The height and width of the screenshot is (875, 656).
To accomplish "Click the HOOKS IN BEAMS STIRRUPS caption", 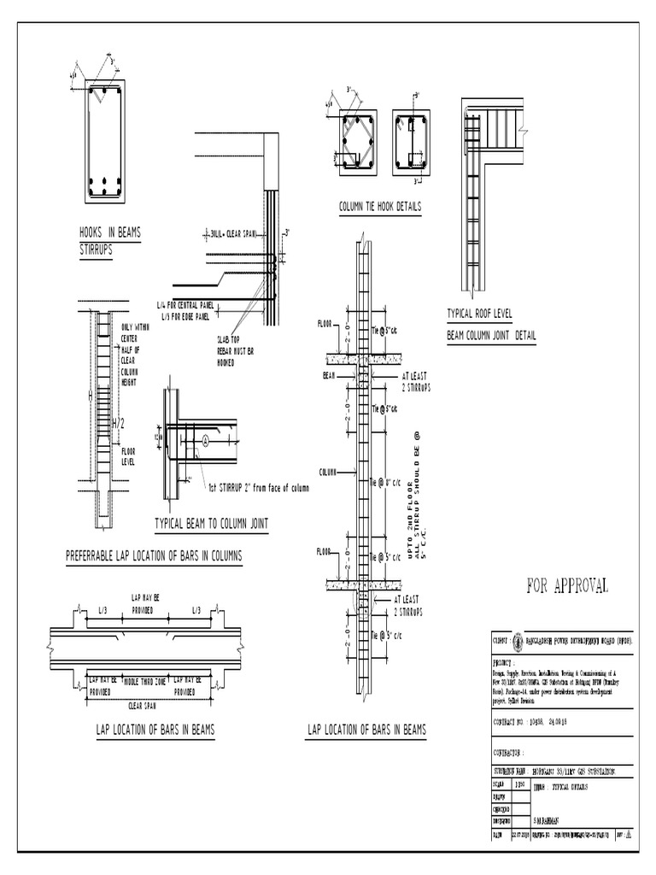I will click(x=109, y=240).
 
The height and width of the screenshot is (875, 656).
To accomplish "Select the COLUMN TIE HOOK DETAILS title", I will click(x=379, y=207).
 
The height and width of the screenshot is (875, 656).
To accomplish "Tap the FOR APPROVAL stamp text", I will click(x=567, y=585).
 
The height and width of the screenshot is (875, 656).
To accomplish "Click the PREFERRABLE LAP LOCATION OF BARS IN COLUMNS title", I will click(x=154, y=556).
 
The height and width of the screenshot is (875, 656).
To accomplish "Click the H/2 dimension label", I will click(x=118, y=424).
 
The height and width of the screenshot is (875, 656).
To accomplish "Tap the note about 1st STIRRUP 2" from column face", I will click(x=259, y=489).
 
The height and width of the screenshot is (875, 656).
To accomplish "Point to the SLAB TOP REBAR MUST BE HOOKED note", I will click(x=235, y=349).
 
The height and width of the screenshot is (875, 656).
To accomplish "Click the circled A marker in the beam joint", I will click(x=206, y=442).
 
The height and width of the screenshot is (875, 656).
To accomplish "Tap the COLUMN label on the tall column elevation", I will click(x=330, y=472).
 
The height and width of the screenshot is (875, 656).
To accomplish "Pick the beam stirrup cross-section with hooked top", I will click(x=104, y=141).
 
